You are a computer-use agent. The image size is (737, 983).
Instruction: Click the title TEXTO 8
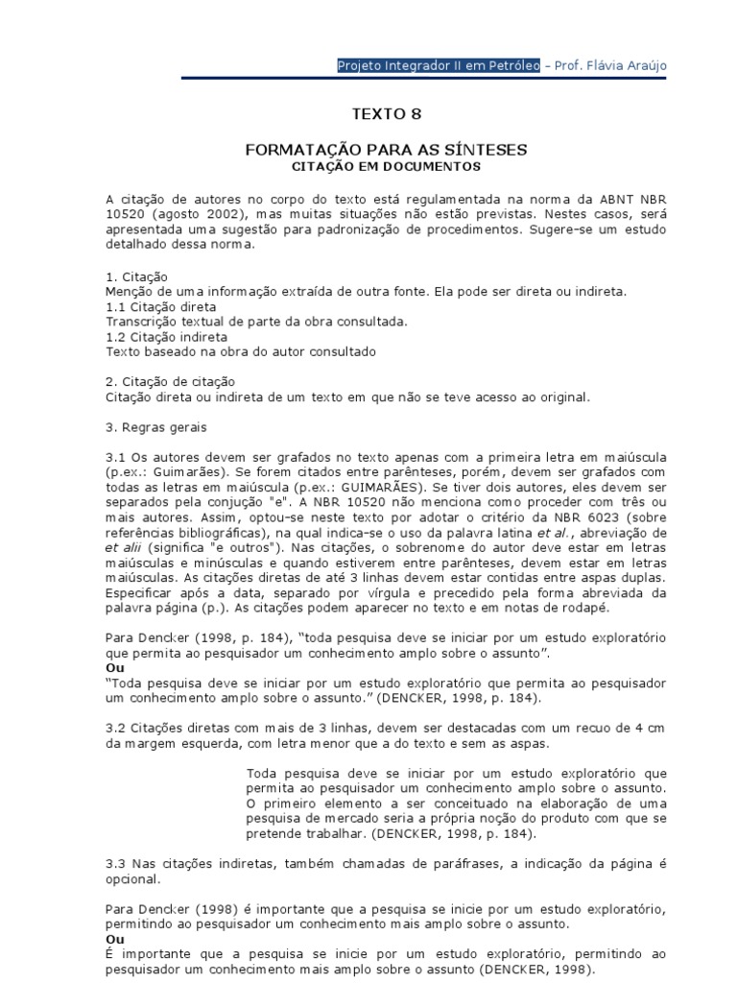point(386,114)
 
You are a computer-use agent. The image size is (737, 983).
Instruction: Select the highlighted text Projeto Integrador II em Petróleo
point(439,65)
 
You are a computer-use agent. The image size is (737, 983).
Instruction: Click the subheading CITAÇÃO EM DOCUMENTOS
point(386,166)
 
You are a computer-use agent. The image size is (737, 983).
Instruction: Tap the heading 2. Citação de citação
point(169,381)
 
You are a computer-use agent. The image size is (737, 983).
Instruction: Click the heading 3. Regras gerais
point(155,426)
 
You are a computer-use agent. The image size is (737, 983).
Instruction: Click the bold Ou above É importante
point(114,938)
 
